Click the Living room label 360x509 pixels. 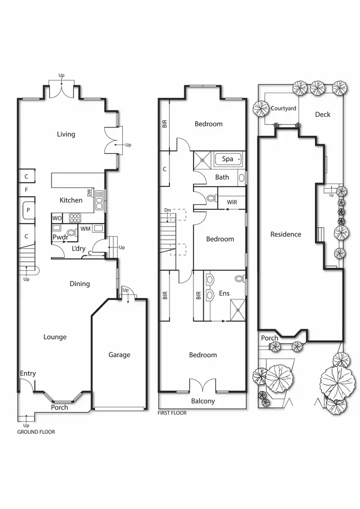[66, 134]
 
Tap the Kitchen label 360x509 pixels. [71, 200]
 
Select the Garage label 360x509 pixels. [119, 355]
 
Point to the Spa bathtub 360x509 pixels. [228, 159]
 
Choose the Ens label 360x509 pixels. [224, 293]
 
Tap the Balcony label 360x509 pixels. [203, 401]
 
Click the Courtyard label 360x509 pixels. [283, 109]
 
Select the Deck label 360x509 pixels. [323, 114]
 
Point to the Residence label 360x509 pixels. [286, 234]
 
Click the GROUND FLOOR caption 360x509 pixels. [36, 432]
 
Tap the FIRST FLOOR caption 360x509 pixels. [172, 413]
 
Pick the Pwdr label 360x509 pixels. [60, 237]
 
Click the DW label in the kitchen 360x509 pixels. [89, 193]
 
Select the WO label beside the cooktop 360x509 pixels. [57, 218]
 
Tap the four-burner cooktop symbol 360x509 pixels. [75, 218]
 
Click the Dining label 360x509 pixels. [80, 284]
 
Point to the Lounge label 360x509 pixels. [55, 337]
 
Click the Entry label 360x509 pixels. [28, 374]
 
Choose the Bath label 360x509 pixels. [222, 177]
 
